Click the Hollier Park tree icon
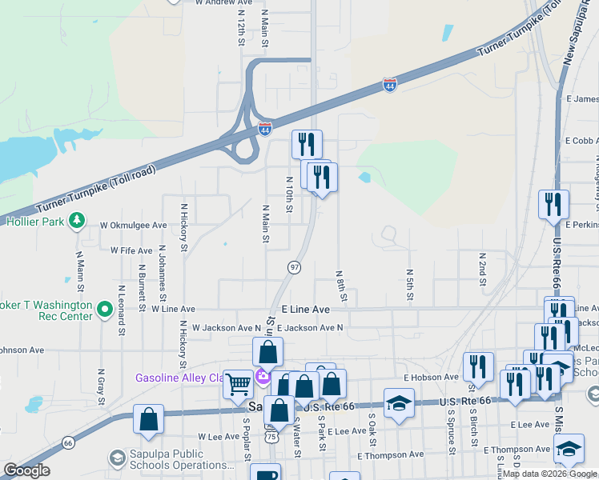pos(77,219)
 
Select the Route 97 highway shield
pos(295,266)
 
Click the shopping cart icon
pos(238,385)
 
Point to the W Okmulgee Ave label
pos(133,226)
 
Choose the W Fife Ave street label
pos(131,250)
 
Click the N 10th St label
pos(288,195)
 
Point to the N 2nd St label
pos(483,269)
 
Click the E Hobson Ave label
pos(431,377)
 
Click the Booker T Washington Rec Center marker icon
pos(104,308)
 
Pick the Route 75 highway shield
pos(272,438)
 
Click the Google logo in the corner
pos(26,470)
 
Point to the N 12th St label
pos(240,28)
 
